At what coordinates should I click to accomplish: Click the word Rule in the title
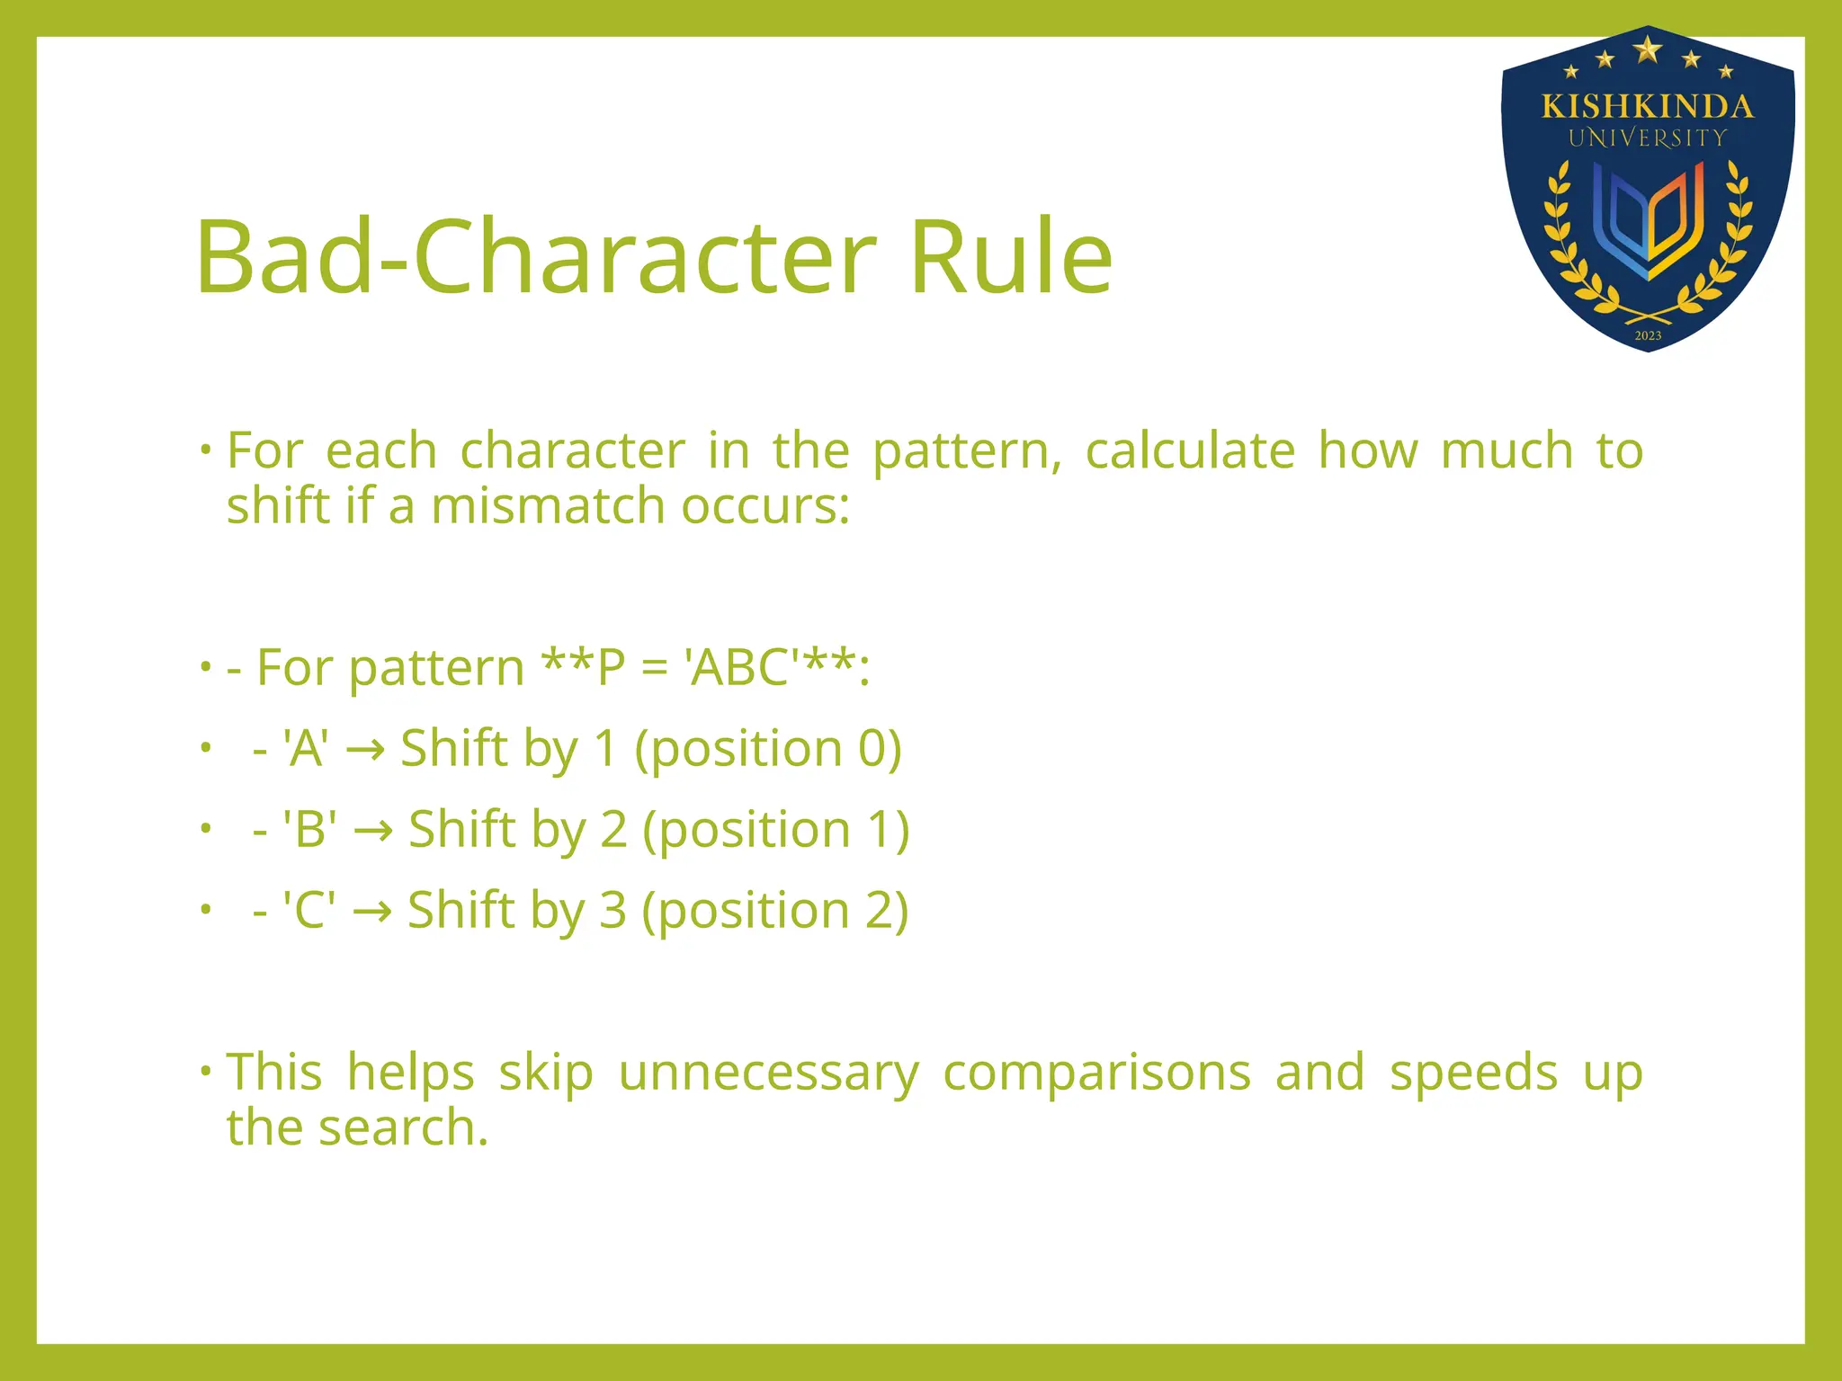click(1011, 257)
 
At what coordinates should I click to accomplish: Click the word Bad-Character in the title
click(535, 257)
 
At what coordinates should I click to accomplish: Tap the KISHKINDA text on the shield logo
click(1648, 107)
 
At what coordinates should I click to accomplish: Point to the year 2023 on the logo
click(1648, 335)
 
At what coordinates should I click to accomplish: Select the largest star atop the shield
click(1648, 49)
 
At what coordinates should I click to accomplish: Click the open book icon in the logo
click(1648, 221)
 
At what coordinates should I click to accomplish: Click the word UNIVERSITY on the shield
click(1648, 138)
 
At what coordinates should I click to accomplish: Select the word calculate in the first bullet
click(1189, 450)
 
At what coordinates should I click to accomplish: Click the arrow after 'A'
click(365, 749)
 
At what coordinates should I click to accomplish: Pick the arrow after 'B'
click(372, 830)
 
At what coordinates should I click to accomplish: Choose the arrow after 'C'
click(371, 911)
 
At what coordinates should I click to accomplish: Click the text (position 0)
click(767, 749)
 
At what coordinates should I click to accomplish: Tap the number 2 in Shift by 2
click(613, 830)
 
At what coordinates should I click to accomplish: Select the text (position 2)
click(774, 911)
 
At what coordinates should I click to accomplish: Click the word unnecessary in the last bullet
click(768, 1073)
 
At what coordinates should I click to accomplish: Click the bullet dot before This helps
click(206, 1070)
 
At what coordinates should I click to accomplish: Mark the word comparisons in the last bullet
click(1096, 1073)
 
